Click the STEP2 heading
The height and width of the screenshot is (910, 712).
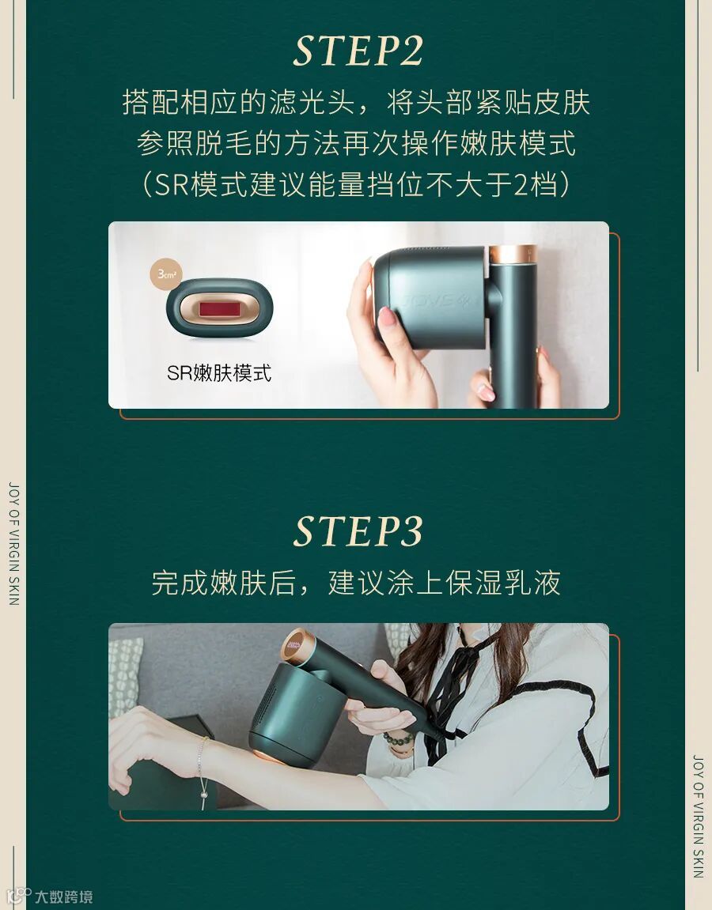point(358,51)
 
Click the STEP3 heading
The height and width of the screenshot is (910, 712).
point(358,531)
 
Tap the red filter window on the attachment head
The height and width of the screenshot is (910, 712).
point(219,308)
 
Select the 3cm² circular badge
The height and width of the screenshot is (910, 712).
point(167,274)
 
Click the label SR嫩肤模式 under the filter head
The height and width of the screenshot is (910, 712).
point(219,372)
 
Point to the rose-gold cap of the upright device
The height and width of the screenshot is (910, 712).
point(513,255)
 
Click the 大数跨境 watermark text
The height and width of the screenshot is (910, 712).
point(63,897)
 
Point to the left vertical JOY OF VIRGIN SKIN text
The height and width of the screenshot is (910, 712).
point(14,544)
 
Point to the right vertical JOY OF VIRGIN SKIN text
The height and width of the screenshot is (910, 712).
point(698,816)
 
